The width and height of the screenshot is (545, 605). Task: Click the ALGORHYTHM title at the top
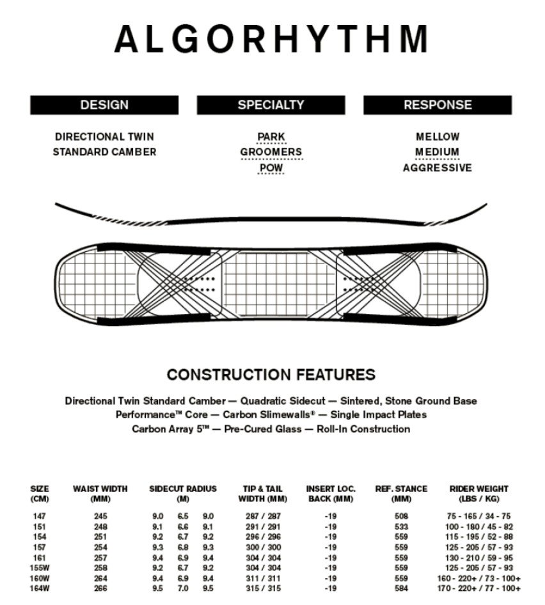coord(271,39)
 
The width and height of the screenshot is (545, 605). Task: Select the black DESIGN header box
coord(104,105)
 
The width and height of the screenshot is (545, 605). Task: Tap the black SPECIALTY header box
coord(271,105)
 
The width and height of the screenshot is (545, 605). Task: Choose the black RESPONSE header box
coord(438,105)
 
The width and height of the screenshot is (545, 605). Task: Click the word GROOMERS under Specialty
coord(271,152)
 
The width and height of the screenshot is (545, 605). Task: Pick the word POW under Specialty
coord(271,168)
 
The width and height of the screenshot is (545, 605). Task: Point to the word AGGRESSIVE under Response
coord(438,168)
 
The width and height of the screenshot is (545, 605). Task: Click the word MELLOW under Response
coord(438,136)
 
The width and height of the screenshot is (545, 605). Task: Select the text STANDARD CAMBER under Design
coord(104,152)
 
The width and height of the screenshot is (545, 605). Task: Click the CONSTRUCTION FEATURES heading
coord(271,375)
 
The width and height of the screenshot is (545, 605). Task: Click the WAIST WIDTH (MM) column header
coord(100,493)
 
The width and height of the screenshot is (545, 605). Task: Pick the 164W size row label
coord(40,588)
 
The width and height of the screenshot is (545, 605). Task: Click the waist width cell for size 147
coord(100,516)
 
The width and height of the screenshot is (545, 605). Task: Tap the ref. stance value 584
coord(401,588)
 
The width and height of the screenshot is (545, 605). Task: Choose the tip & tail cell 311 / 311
coord(262,577)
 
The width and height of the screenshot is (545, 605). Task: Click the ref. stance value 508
coord(401,516)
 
